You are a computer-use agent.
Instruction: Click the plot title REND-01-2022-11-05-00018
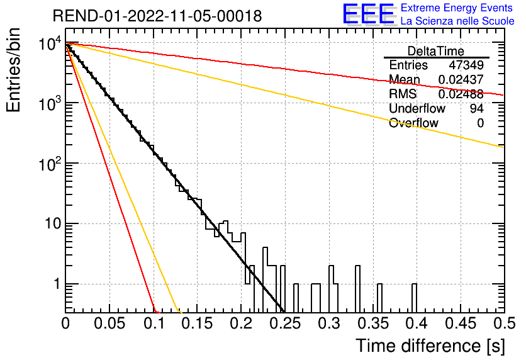(157, 16)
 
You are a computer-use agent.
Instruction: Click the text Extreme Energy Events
(457, 8)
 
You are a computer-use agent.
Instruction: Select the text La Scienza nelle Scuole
(457, 21)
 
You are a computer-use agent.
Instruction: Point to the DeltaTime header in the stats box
(436, 51)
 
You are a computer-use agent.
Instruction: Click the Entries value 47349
(466, 65)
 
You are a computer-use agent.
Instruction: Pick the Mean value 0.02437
(461, 79)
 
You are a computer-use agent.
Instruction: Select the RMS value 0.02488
(461, 94)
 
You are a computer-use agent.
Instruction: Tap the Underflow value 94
(477, 108)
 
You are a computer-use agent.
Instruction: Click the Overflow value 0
(480, 123)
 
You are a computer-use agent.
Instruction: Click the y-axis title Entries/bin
(13, 70)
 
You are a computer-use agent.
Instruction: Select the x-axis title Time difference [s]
(430, 346)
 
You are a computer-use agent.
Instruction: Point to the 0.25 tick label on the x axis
(285, 323)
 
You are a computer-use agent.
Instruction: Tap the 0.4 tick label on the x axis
(417, 323)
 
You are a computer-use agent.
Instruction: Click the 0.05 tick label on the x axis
(109, 323)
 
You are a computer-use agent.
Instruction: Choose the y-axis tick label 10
(53, 224)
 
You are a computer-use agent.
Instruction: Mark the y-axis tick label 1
(57, 284)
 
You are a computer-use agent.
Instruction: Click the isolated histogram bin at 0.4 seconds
(414, 298)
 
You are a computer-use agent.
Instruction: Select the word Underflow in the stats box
(417, 108)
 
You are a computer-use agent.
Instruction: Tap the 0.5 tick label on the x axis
(504, 323)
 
